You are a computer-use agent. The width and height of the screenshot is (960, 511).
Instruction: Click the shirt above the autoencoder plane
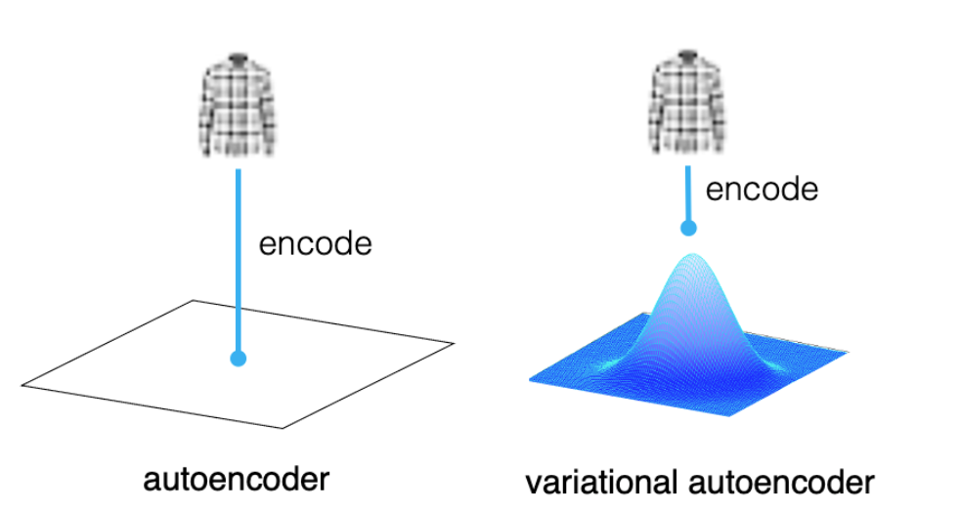[237, 104]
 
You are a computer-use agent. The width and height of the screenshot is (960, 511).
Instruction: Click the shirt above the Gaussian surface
[687, 102]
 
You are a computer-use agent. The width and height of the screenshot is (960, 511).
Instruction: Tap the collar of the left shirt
[238, 61]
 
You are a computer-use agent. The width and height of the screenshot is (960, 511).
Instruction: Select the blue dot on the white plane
[239, 359]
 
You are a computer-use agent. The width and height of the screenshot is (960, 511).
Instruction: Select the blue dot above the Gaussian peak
[689, 229]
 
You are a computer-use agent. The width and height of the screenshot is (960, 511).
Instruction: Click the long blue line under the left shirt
[239, 261]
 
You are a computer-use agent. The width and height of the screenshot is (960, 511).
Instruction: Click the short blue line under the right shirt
[688, 194]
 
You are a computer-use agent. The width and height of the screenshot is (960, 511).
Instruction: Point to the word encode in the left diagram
[316, 243]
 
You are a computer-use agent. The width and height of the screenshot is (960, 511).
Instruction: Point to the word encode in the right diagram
[762, 189]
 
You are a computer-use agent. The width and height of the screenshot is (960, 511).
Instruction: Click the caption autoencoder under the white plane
[236, 479]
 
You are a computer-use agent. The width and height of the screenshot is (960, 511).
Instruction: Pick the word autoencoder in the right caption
[782, 483]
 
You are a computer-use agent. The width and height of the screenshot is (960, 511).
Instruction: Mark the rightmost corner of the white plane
[453, 344]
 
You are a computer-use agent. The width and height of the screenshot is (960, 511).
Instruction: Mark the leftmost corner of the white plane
[22, 385]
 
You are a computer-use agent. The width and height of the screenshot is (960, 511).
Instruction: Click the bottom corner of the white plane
[283, 428]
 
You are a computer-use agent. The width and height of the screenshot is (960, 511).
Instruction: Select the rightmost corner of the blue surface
[848, 352]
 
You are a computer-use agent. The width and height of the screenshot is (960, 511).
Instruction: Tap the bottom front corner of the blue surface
[728, 416]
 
